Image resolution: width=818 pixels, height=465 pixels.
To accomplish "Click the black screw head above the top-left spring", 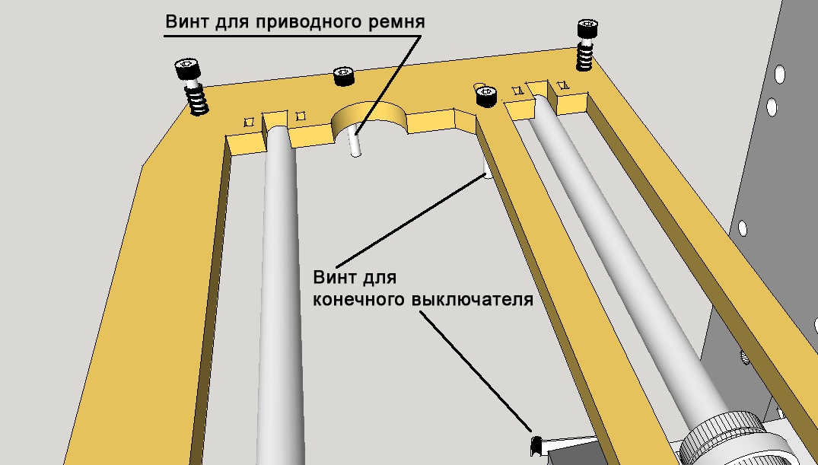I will click(x=187, y=69).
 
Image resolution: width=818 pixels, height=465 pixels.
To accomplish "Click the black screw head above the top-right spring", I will click(x=587, y=30).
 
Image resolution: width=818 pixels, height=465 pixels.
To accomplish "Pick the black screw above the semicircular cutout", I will click(x=344, y=77).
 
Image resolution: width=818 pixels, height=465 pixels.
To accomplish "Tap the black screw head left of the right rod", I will click(x=485, y=96).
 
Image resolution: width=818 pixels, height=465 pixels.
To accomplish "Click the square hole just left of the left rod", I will click(x=248, y=122).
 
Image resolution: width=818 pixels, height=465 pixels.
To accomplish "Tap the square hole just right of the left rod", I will click(x=300, y=116).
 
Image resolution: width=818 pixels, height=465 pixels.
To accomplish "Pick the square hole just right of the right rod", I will click(x=563, y=85).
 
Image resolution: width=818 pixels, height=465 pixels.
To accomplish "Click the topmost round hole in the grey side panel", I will click(x=779, y=74).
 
